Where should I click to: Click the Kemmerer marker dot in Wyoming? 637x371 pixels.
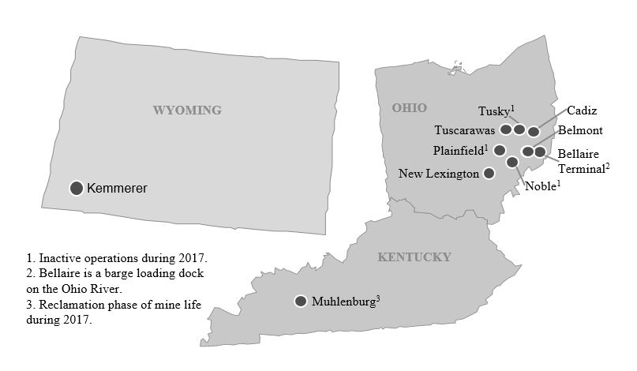coord(77,188)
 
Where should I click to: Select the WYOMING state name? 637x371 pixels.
coord(187,111)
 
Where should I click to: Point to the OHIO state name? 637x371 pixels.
coord(409,107)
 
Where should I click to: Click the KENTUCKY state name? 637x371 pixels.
coord(414,257)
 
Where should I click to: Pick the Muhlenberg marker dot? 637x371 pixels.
coord(301,301)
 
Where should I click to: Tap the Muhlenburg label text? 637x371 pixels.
coord(344,302)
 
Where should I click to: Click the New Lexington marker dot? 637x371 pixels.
coord(489,173)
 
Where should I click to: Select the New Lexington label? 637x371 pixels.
coord(439,174)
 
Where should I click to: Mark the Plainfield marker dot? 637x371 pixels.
coord(500,150)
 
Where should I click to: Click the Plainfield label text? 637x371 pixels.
coord(458,150)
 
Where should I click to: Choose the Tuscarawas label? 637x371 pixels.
coord(464,130)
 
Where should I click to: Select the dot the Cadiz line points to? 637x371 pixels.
coord(534,132)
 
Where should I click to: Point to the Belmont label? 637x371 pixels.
coord(580,130)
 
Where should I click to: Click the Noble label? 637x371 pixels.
coord(540,187)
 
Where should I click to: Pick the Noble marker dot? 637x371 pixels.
coord(512,162)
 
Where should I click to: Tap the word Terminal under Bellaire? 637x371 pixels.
coord(580,168)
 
